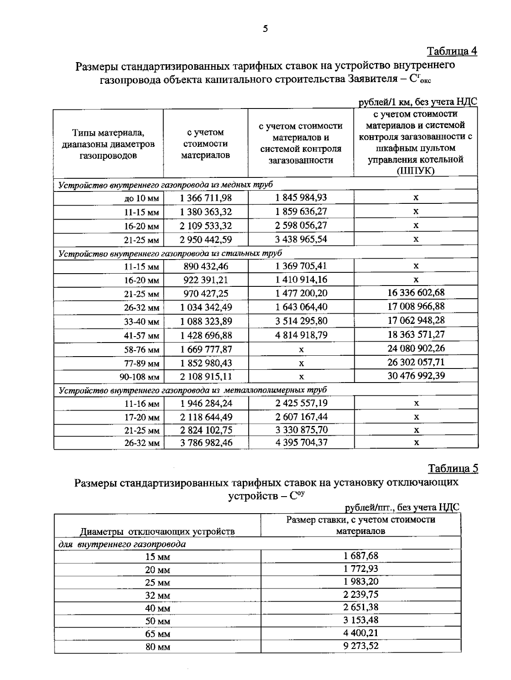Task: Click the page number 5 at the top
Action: coord(265,29)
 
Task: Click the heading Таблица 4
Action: coord(452,51)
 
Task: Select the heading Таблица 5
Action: coord(453,469)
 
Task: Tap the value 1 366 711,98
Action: coord(206,198)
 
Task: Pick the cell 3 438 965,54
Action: coord(301,239)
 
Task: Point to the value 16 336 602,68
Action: coord(416,293)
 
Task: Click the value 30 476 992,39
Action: coord(416,376)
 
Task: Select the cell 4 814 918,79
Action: coord(301,335)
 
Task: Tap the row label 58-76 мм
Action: coord(141,350)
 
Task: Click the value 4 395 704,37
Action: coord(301,443)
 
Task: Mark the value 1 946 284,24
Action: coord(206,403)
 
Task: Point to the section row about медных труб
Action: coord(165,185)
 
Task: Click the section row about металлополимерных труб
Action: coord(192,390)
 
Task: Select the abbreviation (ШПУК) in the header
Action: coord(415,171)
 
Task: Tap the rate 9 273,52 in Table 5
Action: coord(360,646)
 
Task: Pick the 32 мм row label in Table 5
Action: coord(158,595)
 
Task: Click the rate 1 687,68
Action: coord(360,556)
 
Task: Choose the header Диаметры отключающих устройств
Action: coord(158,531)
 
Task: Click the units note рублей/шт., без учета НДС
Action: coord(402,507)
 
